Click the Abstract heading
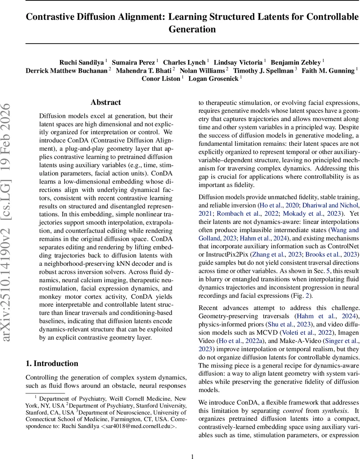coord(106,103)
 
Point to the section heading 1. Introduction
coord(52,363)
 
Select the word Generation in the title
coord(192,29)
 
